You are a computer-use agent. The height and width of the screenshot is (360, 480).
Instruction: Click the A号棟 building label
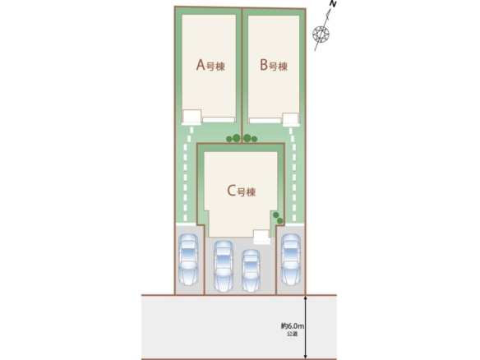click(x=210, y=65)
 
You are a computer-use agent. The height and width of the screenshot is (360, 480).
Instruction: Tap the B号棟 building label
click(x=274, y=65)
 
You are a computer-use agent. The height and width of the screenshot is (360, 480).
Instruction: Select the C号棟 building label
click(x=241, y=191)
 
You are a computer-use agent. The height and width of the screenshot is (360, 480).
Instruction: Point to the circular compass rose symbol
click(x=321, y=34)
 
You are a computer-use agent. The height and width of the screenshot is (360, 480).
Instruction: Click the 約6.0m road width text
click(x=293, y=326)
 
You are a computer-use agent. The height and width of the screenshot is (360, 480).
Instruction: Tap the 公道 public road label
click(x=292, y=334)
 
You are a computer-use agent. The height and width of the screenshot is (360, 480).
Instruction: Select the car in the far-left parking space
click(x=188, y=260)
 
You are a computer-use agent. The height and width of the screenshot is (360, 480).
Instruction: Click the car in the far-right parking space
click(x=290, y=260)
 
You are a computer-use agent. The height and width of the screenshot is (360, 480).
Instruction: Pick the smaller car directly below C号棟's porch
click(x=251, y=270)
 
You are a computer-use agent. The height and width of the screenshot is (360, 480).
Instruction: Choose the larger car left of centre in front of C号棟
click(x=224, y=266)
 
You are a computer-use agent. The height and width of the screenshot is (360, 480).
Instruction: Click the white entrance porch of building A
click(x=192, y=118)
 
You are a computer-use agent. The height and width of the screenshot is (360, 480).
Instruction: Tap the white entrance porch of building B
click(x=290, y=119)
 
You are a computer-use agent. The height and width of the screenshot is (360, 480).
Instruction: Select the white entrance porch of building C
click(x=261, y=237)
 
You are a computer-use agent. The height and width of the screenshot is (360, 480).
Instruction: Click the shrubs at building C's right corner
click(x=278, y=218)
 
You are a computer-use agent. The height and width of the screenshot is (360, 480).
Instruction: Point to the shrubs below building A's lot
click(x=233, y=138)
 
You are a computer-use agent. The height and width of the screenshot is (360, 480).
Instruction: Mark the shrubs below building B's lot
click(x=250, y=138)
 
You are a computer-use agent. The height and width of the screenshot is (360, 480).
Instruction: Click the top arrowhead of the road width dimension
click(x=305, y=297)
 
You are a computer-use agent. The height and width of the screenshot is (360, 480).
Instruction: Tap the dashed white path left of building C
click(x=187, y=174)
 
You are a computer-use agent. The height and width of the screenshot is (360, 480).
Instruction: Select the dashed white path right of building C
click(x=293, y=174)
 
